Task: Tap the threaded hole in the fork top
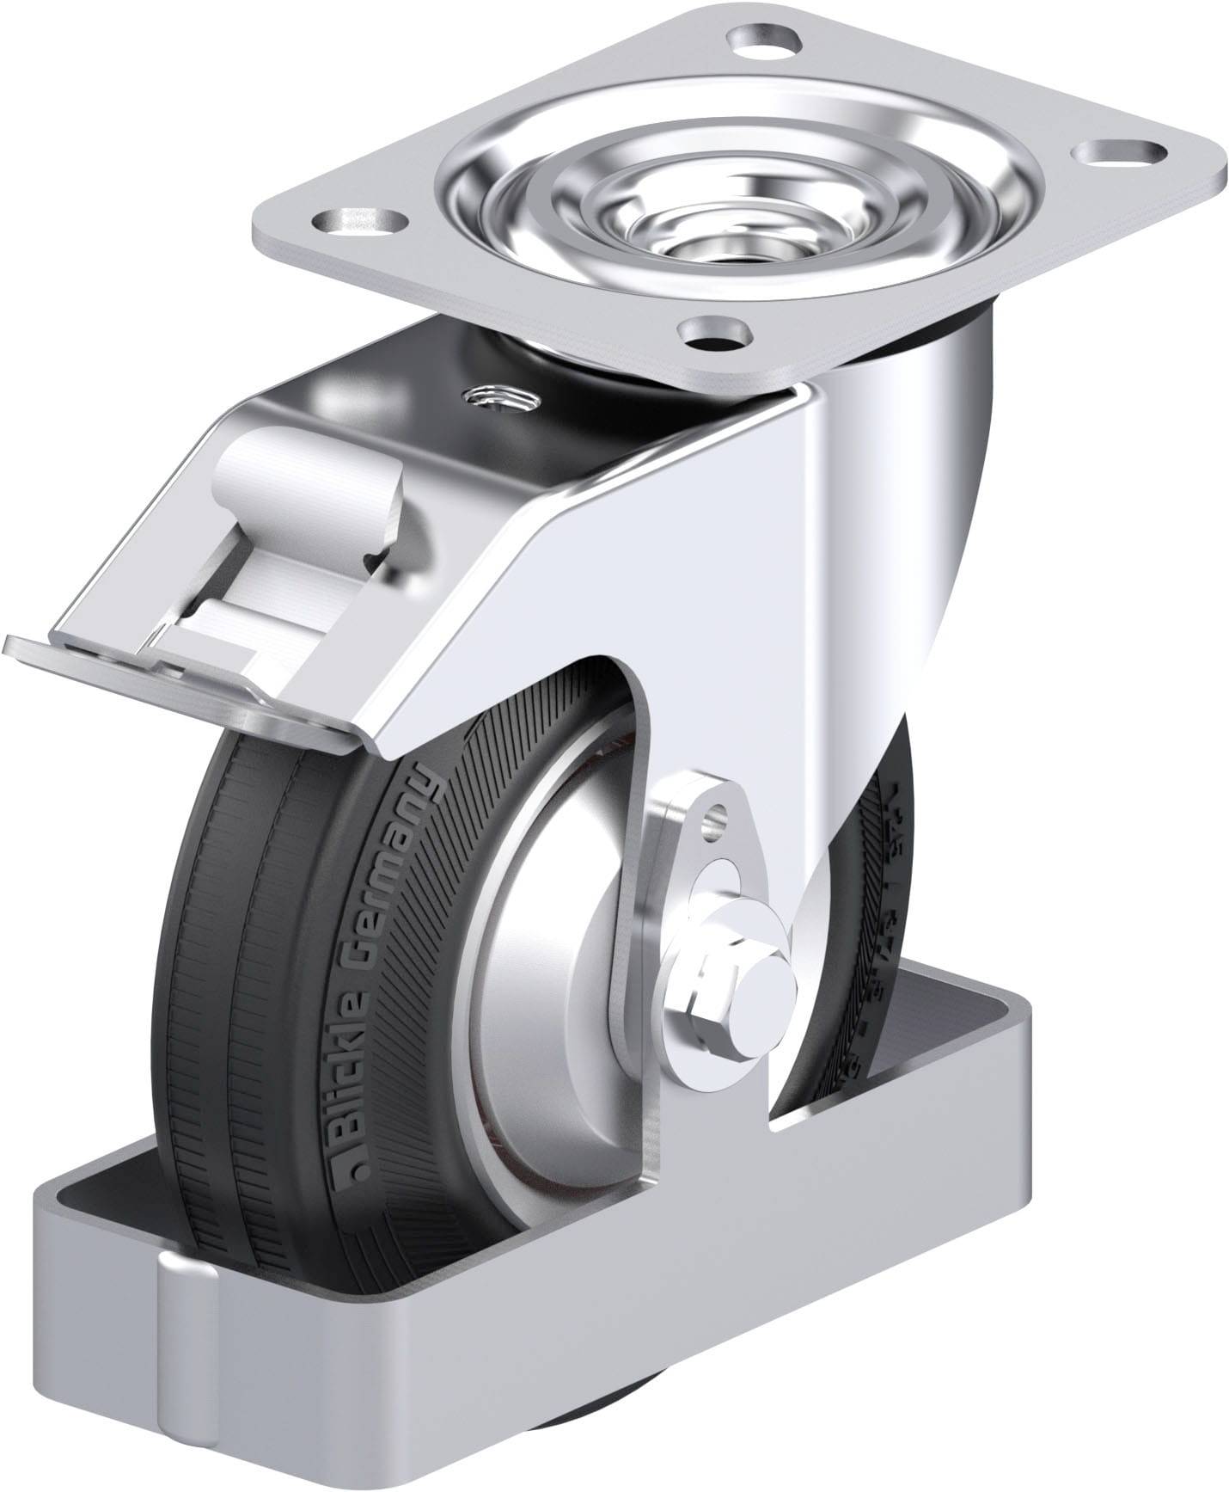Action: coord(498,397)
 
